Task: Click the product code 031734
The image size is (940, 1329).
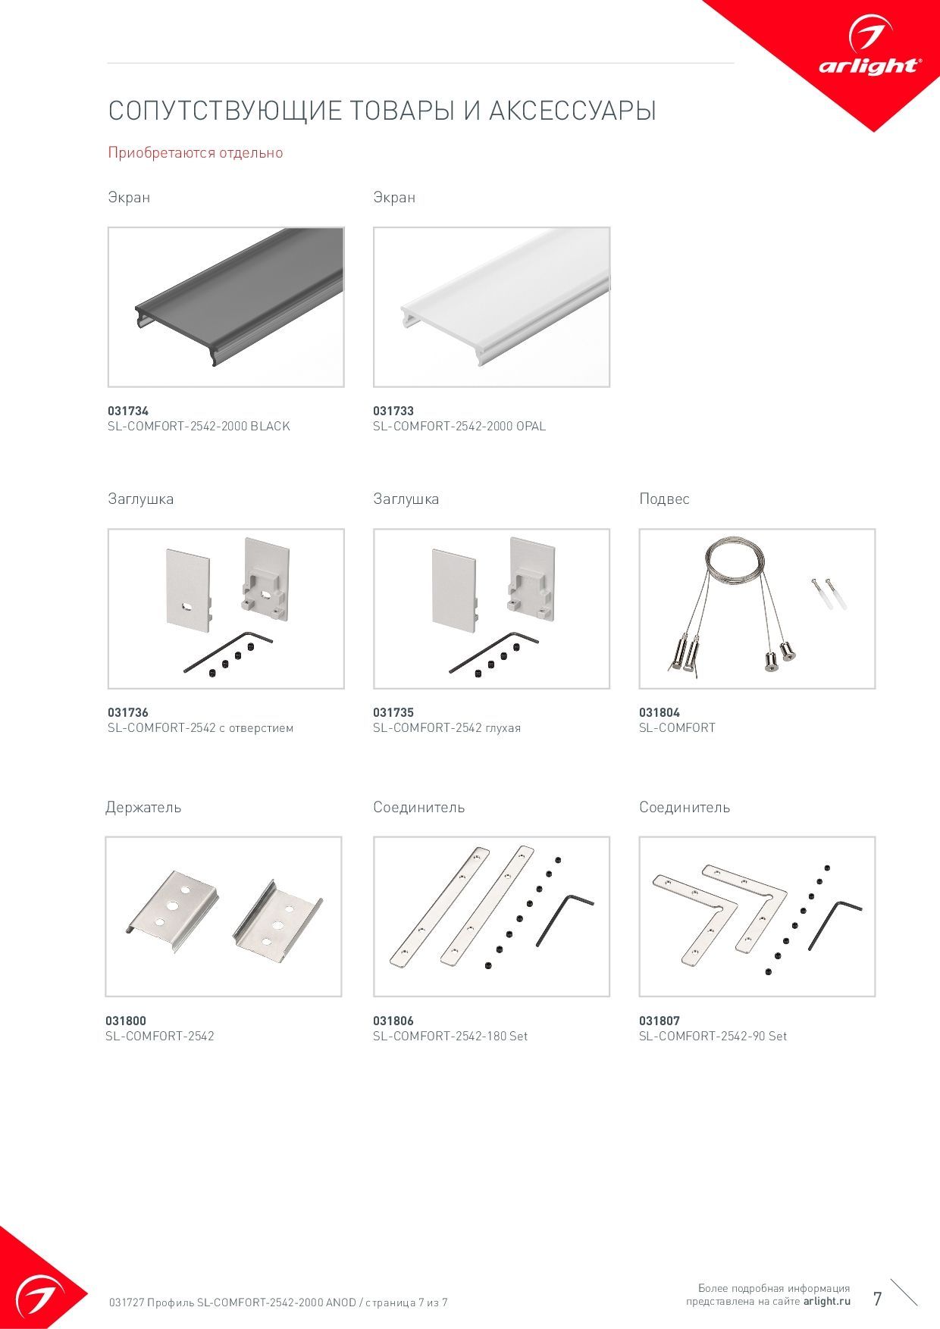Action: pos(128,411)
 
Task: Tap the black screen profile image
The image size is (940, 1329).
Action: pos(226,307)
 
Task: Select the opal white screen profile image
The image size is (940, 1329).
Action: pos(491,307)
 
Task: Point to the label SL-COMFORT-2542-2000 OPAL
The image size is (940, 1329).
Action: pos(459,426)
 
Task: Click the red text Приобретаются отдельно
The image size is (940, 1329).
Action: pos(196,152)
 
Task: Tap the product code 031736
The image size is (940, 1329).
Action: pos(128,712)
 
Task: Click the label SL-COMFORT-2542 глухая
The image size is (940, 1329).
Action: pos(446,727)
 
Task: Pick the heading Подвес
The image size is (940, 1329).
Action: pos(664,499)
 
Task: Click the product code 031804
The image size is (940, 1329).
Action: pos(660,712)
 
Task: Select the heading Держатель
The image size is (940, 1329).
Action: pos(143,807)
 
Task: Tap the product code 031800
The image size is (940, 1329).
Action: pos(126,1021)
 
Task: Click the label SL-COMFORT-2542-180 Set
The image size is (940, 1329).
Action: pos(450,1036)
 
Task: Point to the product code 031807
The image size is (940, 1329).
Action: pos(660,1021)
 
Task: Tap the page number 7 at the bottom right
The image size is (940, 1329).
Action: pos(878,1299)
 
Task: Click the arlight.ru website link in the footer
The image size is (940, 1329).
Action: pos(827,1301)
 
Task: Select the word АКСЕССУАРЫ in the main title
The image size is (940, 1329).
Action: pos(572,111)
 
